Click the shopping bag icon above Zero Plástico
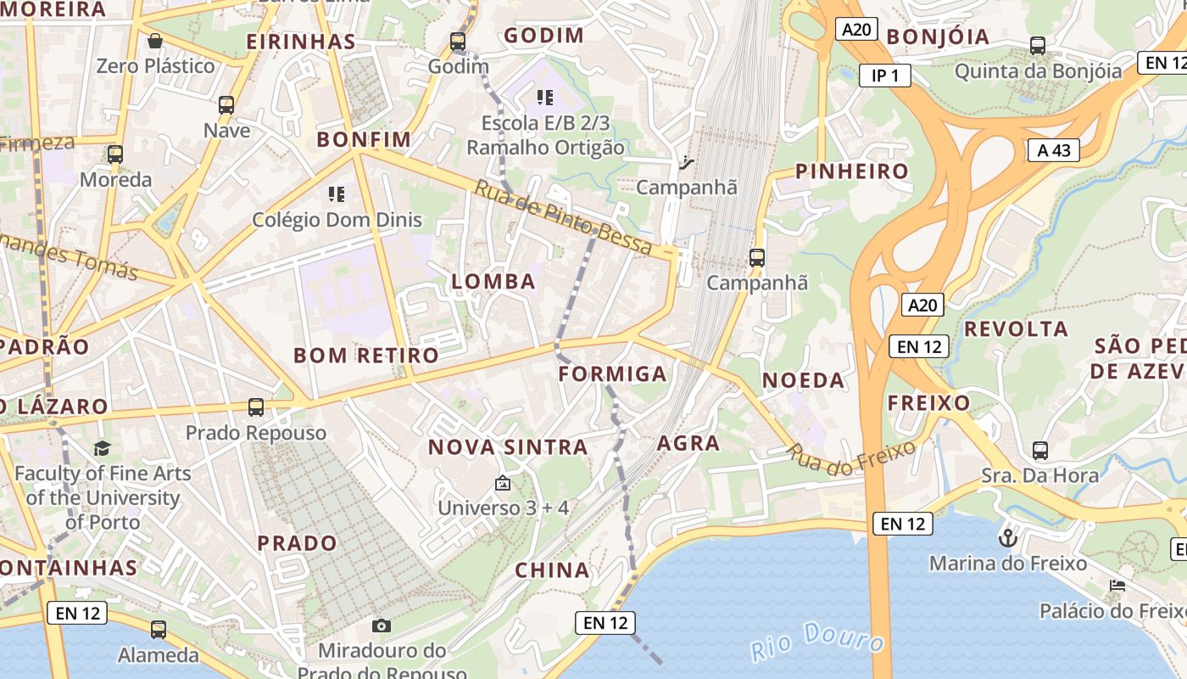(155, 41)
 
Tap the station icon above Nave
(226, 105)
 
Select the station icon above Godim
(458, 41)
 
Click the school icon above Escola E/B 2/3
(545, 98)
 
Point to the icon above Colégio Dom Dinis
(337, 194)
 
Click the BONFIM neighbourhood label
(364, 139)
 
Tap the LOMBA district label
(493, 282)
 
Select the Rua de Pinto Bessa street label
(563, 218)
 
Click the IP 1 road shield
(884, 76)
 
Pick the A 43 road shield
(1054, 150)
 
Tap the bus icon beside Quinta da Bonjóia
(1038, 46)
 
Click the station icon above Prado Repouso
(256, 407)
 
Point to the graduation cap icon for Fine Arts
(102, 448)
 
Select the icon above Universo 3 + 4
(503, 483)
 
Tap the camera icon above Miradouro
(382, 626)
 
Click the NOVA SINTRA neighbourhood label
(507, 447)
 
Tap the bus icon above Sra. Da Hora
(1040, 450)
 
